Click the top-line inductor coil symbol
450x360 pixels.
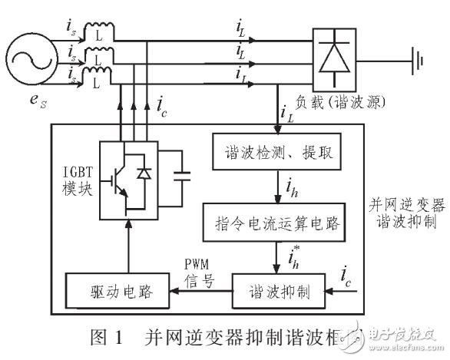[x=97, y=34]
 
